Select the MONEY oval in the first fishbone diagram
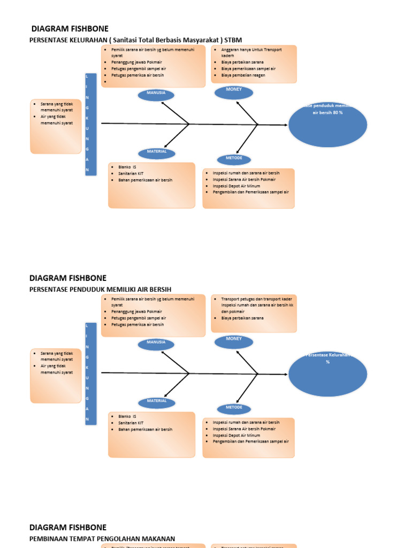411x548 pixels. [234, 92]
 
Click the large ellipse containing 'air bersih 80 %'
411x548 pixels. [328, 125]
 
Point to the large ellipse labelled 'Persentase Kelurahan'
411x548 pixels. [328, 374]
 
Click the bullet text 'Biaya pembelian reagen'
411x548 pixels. [243, 75]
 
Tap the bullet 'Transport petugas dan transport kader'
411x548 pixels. [254, 299]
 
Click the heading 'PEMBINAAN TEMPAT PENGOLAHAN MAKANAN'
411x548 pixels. [102, 538]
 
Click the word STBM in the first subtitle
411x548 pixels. [233, 40]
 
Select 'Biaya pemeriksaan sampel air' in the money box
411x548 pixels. [248, 69]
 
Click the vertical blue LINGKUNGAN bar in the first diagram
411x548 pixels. [90, 125]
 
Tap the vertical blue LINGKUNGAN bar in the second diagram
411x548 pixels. [90, 374]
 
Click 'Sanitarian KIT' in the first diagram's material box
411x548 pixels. [131, 174]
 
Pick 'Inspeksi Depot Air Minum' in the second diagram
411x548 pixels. [237, 436]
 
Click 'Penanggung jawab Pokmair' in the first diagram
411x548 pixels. [136, 63]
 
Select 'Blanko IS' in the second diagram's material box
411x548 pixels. [127, 416]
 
